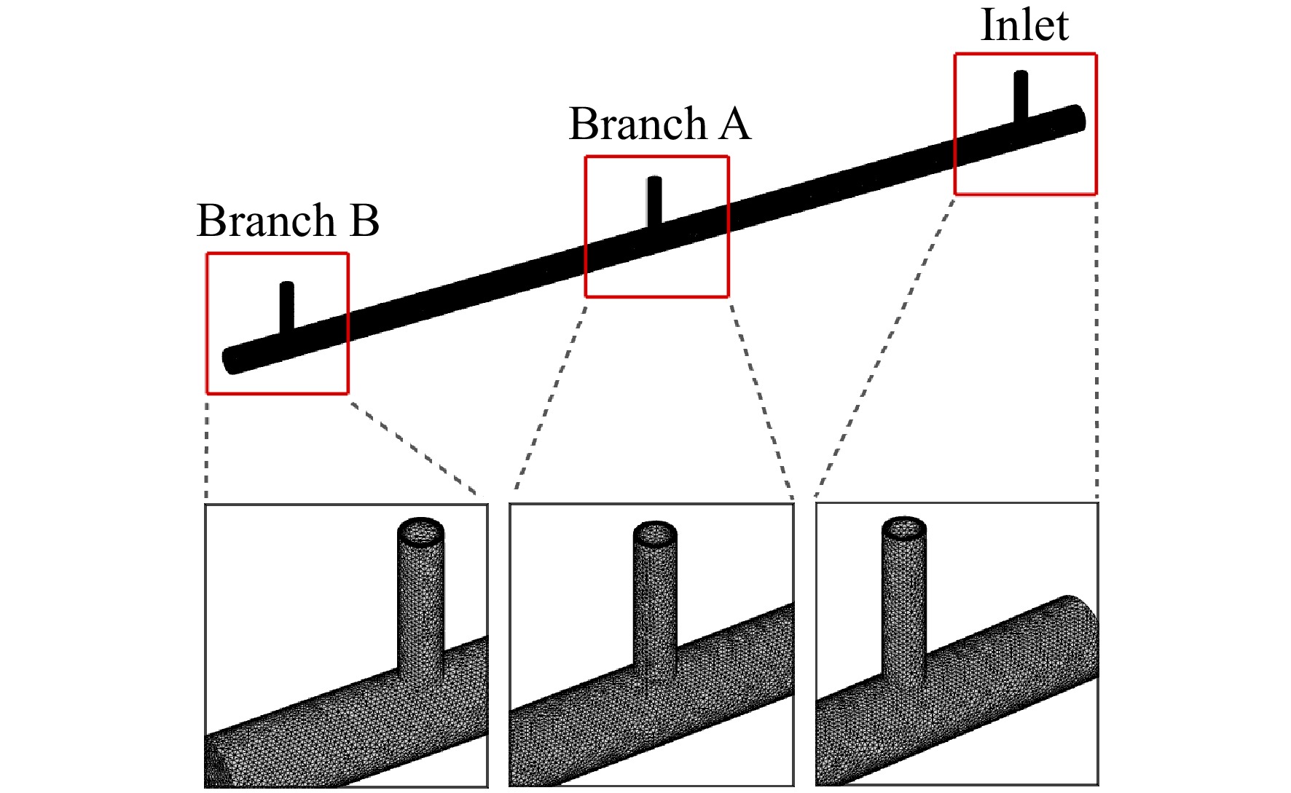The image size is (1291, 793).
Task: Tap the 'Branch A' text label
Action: [x=659, y=123]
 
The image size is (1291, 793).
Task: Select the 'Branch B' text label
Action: [x=288, y=220]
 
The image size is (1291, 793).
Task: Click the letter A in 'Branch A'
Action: [x=734, y=123]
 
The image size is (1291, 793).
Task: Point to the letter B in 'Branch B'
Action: [x=364, y=220]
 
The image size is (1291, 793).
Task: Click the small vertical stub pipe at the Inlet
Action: [x=1021, y=96]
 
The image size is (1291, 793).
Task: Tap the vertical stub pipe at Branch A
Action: [x=654, y=201]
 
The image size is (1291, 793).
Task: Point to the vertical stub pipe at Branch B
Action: [x=287, y=307]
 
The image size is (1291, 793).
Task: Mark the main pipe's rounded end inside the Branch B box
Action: [x=231, y=360]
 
